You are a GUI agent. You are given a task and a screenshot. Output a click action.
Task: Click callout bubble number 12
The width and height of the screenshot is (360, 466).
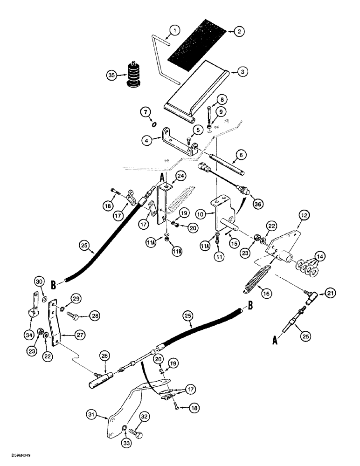[x=304, y=216]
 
